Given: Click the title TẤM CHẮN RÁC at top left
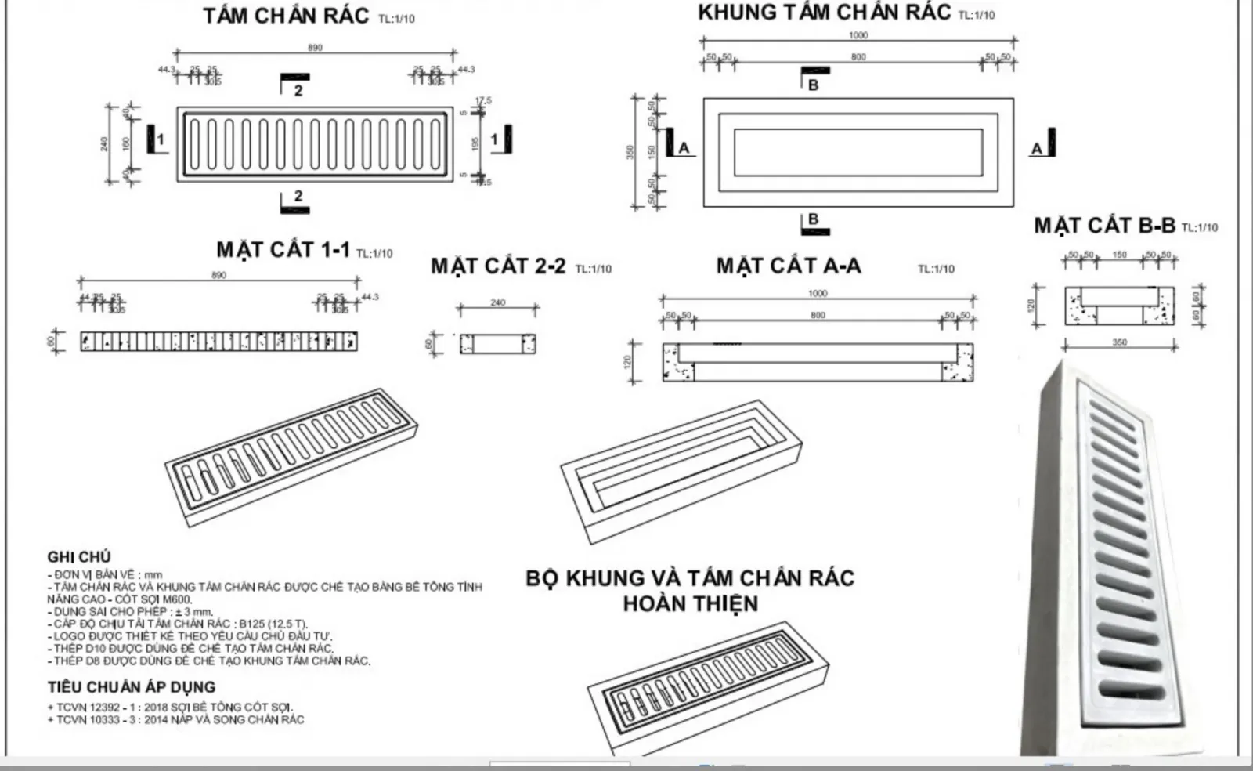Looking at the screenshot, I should pos(286,16).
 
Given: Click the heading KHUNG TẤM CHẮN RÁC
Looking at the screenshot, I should pos(824,13).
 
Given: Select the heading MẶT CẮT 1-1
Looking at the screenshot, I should pos(283,250).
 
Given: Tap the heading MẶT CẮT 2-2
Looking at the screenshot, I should pos(498,266).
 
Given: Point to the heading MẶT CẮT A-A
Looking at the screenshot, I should pos(788,266).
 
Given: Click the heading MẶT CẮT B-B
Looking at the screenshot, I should pos(1104,226).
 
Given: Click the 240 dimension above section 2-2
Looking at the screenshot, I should pos(498,302).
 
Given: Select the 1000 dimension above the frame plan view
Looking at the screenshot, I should pos(858,35).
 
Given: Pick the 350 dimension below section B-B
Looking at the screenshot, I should pos(1119,342).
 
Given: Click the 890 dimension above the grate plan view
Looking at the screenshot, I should pos(315,48).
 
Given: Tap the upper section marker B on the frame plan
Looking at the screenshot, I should pos(813,84).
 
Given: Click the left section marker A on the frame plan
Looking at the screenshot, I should pos(684,147).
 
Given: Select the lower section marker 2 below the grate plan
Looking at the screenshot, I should pos(298,196).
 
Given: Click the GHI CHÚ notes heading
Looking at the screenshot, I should pos(79,557).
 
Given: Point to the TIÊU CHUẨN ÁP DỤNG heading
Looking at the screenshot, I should pos(131,687).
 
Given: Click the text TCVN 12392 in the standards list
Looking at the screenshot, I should pos(88,707).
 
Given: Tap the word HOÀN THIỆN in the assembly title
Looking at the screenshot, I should pos(690,604).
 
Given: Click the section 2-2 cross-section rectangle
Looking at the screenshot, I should pos(497,343).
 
